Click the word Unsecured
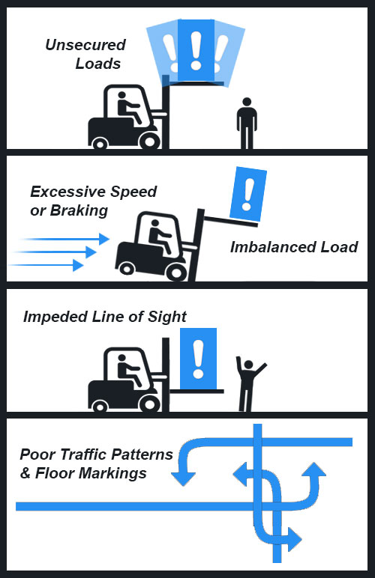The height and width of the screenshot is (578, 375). coord(85,45)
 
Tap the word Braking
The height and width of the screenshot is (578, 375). coord(79,210)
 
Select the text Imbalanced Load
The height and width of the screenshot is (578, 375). coord(294,247)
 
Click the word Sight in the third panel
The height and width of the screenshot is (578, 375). coord(167,317)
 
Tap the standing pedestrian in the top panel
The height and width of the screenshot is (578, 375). coord(247,123)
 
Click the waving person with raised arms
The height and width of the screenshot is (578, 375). coord(250,383)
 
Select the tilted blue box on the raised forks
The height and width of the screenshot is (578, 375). coord(248,194)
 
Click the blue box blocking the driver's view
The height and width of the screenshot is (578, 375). coord(198,359)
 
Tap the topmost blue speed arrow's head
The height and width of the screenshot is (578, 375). coord(104,239)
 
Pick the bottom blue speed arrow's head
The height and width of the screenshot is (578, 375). coord(78,265)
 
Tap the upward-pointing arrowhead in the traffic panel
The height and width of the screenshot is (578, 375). coord(314,469)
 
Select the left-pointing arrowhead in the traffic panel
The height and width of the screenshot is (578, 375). coord(240,475)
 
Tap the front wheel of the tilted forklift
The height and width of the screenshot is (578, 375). coord(176,273)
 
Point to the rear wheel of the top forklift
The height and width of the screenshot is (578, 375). coord(100,143)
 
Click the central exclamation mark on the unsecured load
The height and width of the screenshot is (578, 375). coord(196,50)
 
